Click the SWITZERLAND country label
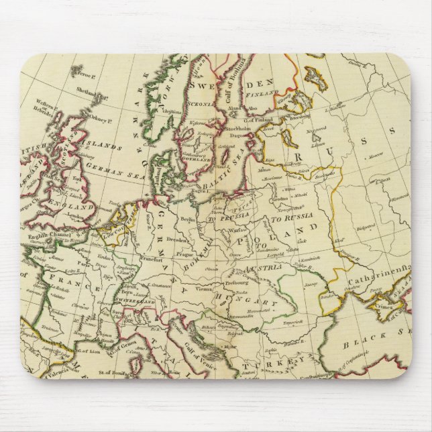[138, 303]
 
